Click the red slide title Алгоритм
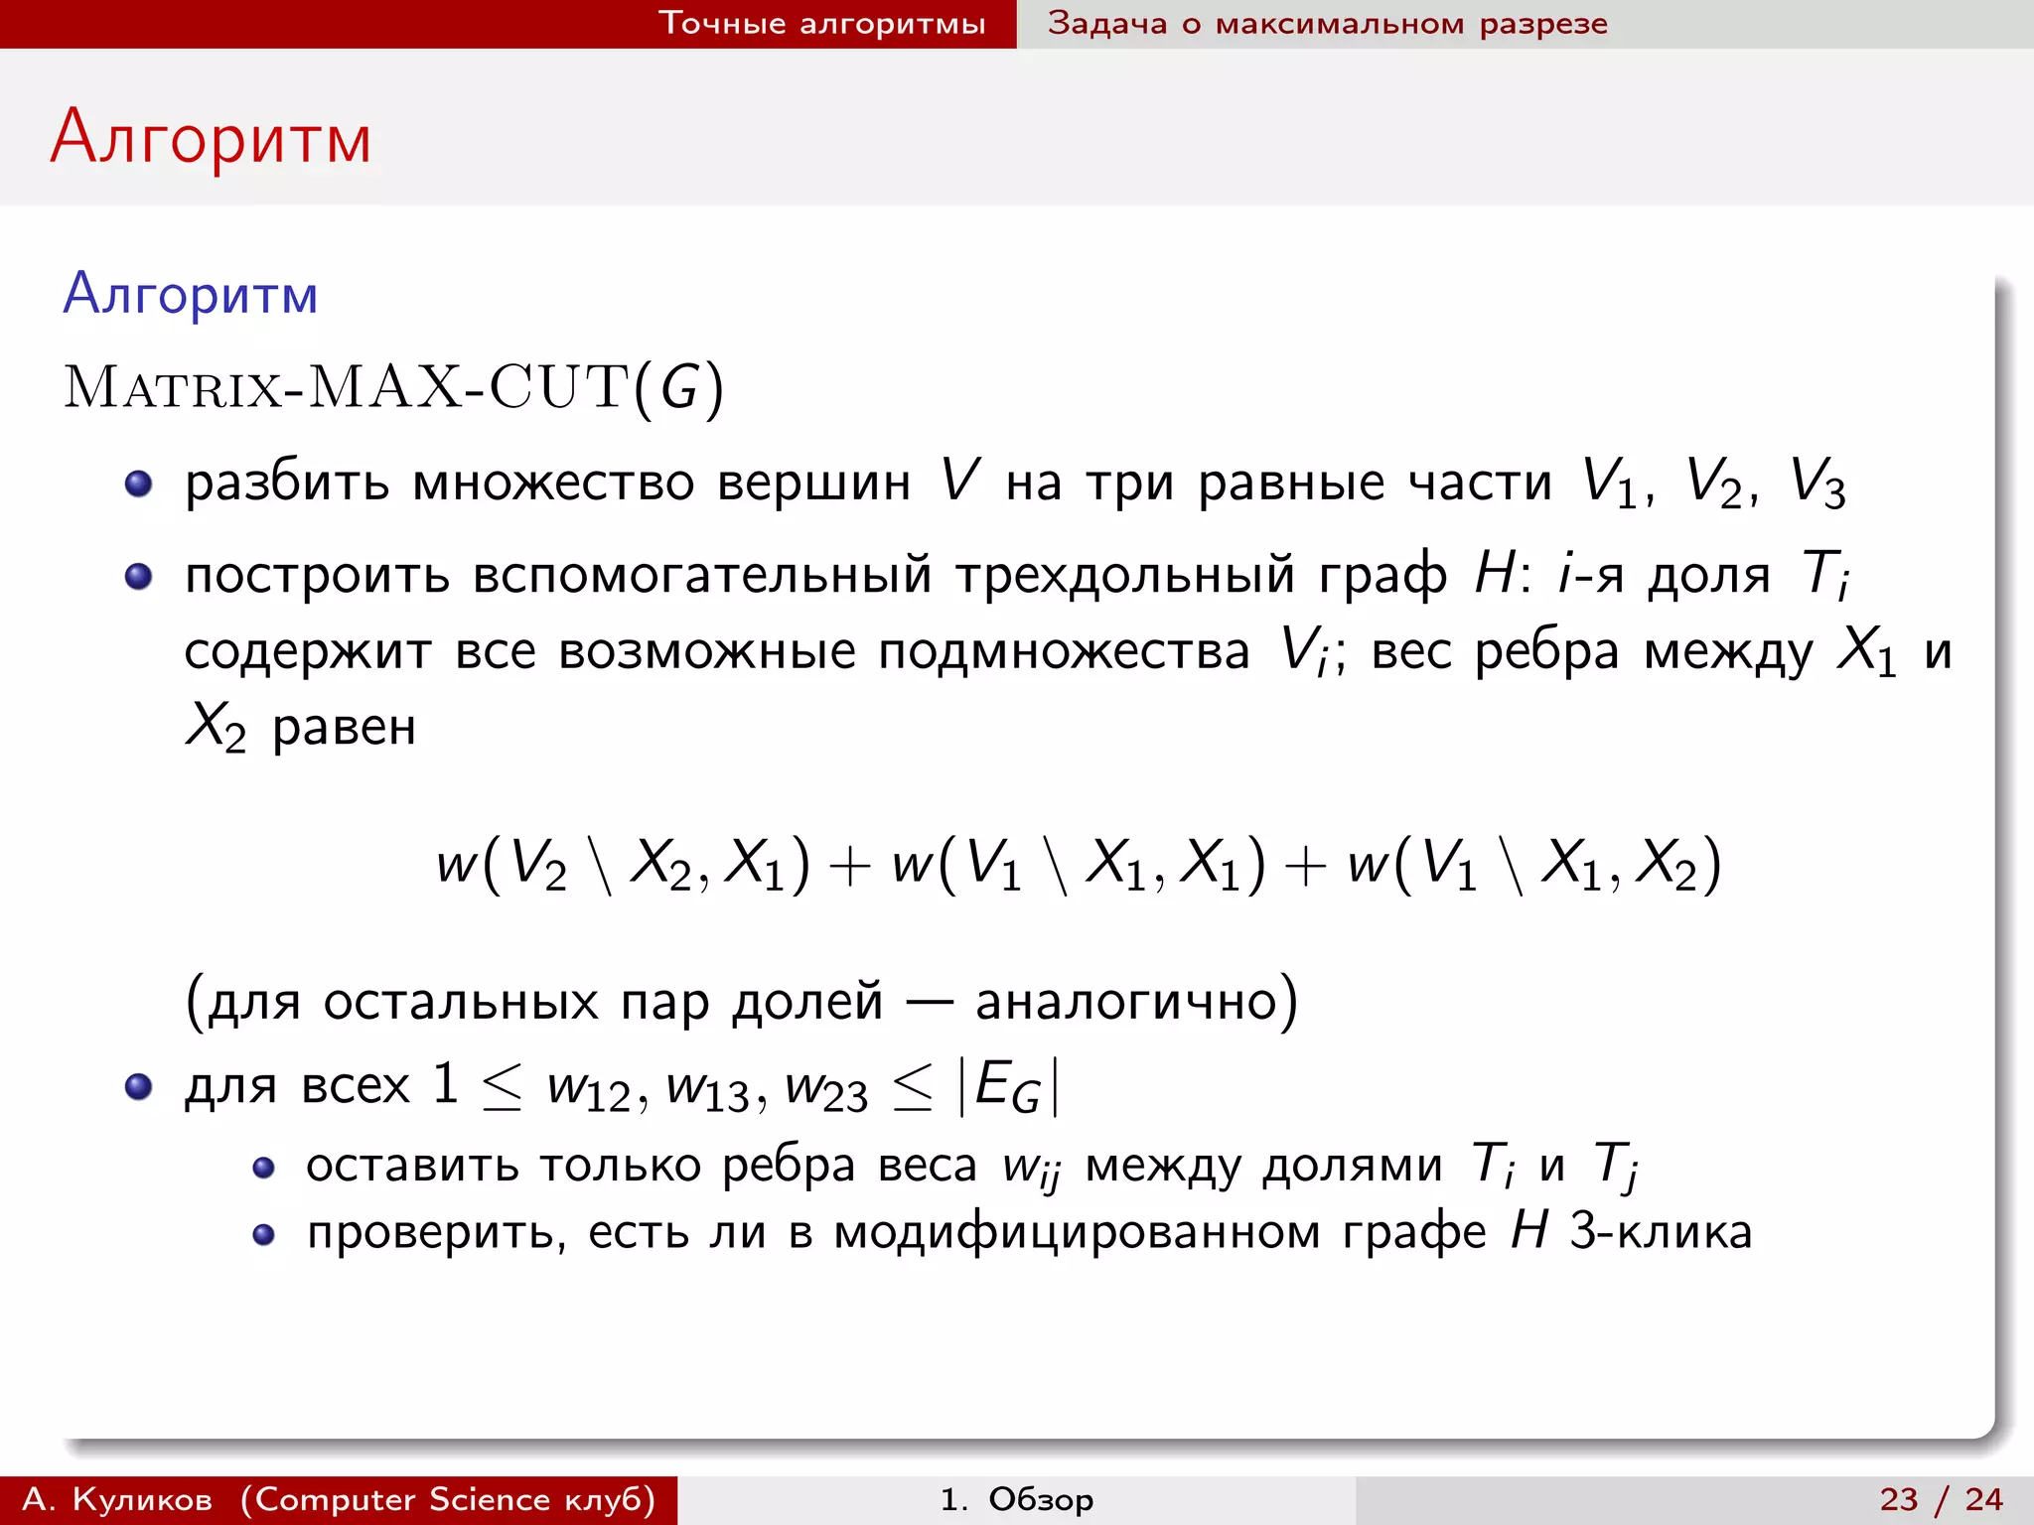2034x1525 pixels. tap(211, 137)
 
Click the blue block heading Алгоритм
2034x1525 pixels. tap(191, 295)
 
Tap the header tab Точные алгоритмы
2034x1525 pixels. tap(822, 23)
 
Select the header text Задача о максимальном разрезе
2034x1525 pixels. tap(1327, 23)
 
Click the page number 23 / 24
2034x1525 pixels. tap(1941, 1499)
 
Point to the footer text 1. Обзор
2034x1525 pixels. tap(1017, 1499)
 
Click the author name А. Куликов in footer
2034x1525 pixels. tap(117, 1499)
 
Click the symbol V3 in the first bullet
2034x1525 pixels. tap(1816, 485)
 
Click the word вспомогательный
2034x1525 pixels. tap(702, 575)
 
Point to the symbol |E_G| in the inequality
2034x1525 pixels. tap(1009, 1086)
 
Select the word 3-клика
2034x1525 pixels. tap(1661, 1232)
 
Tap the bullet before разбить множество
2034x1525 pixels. tap(138, 485)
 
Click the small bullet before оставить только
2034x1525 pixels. tap(263, 1168)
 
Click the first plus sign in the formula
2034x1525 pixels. tap(849, 865)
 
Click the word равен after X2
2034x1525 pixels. tap(344, 728)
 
